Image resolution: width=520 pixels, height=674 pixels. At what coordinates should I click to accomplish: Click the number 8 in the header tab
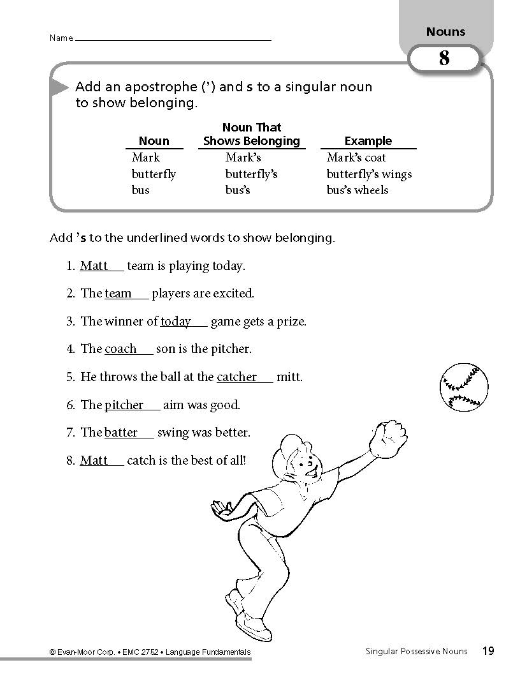click(x=444, y=59)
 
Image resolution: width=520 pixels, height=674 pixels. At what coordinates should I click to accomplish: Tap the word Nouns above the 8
click(x=445, y=32)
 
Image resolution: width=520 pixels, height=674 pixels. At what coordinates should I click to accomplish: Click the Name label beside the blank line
click(x=61, y=38)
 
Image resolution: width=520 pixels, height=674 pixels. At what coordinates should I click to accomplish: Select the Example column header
click(x=368, y=141)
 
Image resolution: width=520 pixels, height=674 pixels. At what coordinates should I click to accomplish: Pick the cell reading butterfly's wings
click(x=369, y=174)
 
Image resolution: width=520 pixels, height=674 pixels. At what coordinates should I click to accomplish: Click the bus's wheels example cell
click(x=357, y=190)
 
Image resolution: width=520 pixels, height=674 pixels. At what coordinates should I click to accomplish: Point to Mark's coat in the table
click(x=356, y=158)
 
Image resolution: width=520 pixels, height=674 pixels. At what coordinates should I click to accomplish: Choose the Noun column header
click(x=154, y=141)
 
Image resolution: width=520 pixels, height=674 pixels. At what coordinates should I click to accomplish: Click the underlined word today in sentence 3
click(x=176, y=322)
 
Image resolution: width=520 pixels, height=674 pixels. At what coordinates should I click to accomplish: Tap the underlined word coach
click(x=120, y=349)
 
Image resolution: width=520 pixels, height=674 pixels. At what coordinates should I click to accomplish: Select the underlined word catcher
click(x=236, y=377)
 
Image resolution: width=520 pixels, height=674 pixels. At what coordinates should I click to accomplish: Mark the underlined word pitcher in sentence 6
click(x=124, y=405)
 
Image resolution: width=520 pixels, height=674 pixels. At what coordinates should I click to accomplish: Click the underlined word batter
click(x=121, y=433)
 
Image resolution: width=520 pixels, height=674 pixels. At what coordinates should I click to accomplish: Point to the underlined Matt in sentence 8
click(x=94, y=460)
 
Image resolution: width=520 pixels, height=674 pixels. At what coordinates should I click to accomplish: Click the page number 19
click(x=487, y=651)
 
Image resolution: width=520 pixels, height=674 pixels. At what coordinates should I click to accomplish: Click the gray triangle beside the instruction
click(x=59, y=87)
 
